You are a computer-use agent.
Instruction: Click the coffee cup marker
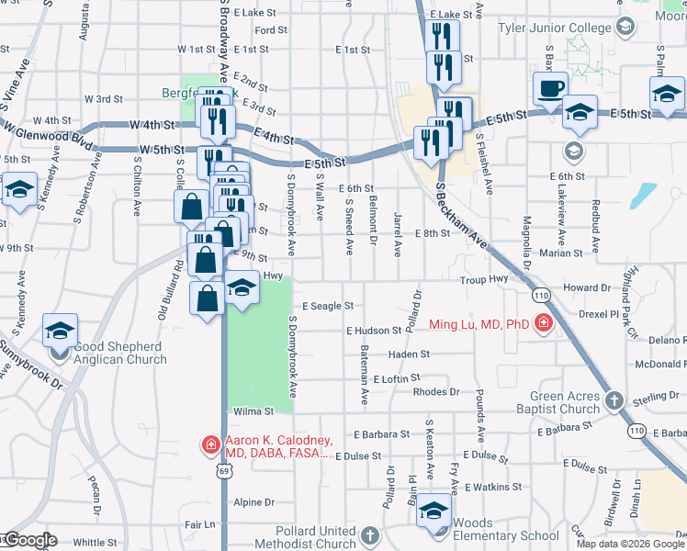point(550,89)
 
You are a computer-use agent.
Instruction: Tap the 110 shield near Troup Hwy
point(541,294)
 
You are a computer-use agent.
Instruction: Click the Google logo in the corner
point(29,541)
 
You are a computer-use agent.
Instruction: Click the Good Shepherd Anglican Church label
point(109,354)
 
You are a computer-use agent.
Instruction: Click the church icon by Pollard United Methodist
point(369,535)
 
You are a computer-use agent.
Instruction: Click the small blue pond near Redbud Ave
point(644,195)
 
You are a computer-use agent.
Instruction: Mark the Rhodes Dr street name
point(435,392)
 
